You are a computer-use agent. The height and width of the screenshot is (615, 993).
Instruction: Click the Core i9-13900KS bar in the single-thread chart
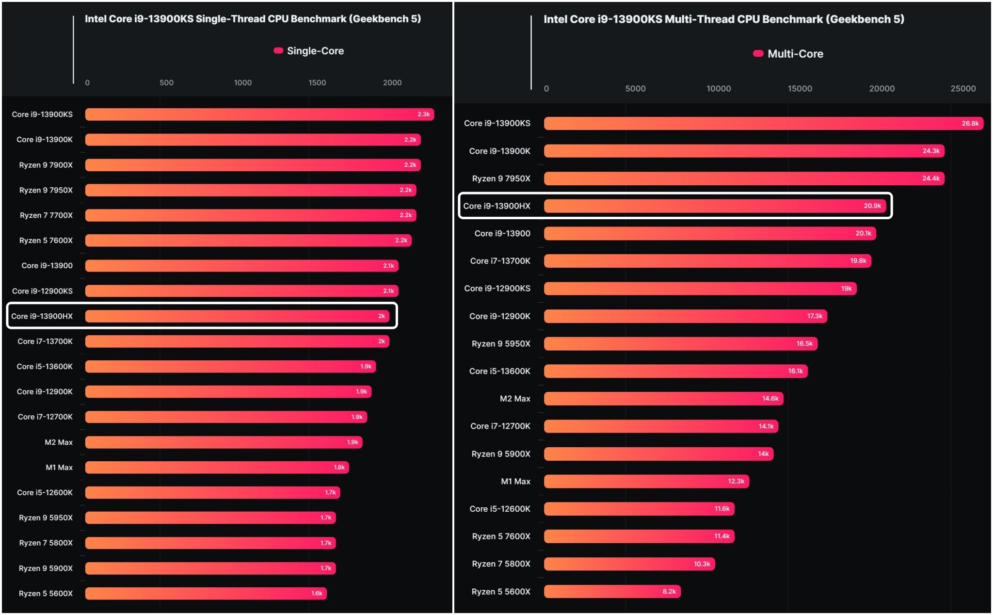pos(259,114)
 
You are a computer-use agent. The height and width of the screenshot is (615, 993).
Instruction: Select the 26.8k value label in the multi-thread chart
pos(970,124)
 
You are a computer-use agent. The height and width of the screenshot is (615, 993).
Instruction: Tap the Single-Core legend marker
pos(278,50)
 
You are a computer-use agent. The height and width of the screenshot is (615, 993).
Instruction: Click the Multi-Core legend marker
pos(758,53)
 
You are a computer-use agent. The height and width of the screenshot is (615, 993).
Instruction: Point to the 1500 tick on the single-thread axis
pos(317,83)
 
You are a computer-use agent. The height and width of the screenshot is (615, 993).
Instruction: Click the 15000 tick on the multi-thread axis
pos(800,89)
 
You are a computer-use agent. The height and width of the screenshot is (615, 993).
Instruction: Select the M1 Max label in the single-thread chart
pos(59,468)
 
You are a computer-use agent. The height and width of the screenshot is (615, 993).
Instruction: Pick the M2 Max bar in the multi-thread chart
pos(663,399)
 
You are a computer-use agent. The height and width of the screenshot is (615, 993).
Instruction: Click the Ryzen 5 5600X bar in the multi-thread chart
pos(612,592)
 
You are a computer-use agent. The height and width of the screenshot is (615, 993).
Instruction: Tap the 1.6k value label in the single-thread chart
pos(317,593)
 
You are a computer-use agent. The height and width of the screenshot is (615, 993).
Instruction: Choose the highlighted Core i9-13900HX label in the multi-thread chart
pos(496,206)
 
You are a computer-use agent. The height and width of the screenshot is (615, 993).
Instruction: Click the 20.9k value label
pos(872,206)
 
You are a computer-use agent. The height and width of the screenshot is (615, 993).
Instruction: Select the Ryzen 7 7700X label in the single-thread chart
pos(46,215)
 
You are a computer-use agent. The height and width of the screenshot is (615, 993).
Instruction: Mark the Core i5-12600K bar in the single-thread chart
pos(212,493)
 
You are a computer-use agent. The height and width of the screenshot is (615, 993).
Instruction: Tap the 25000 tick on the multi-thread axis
pos(963,89)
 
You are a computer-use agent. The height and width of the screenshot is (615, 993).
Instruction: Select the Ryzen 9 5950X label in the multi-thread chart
pos(501,344)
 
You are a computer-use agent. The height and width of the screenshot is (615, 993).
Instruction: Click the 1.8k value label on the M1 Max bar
pos(339,468)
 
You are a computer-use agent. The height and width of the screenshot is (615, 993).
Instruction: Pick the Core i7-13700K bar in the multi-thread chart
pos(707,261)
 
